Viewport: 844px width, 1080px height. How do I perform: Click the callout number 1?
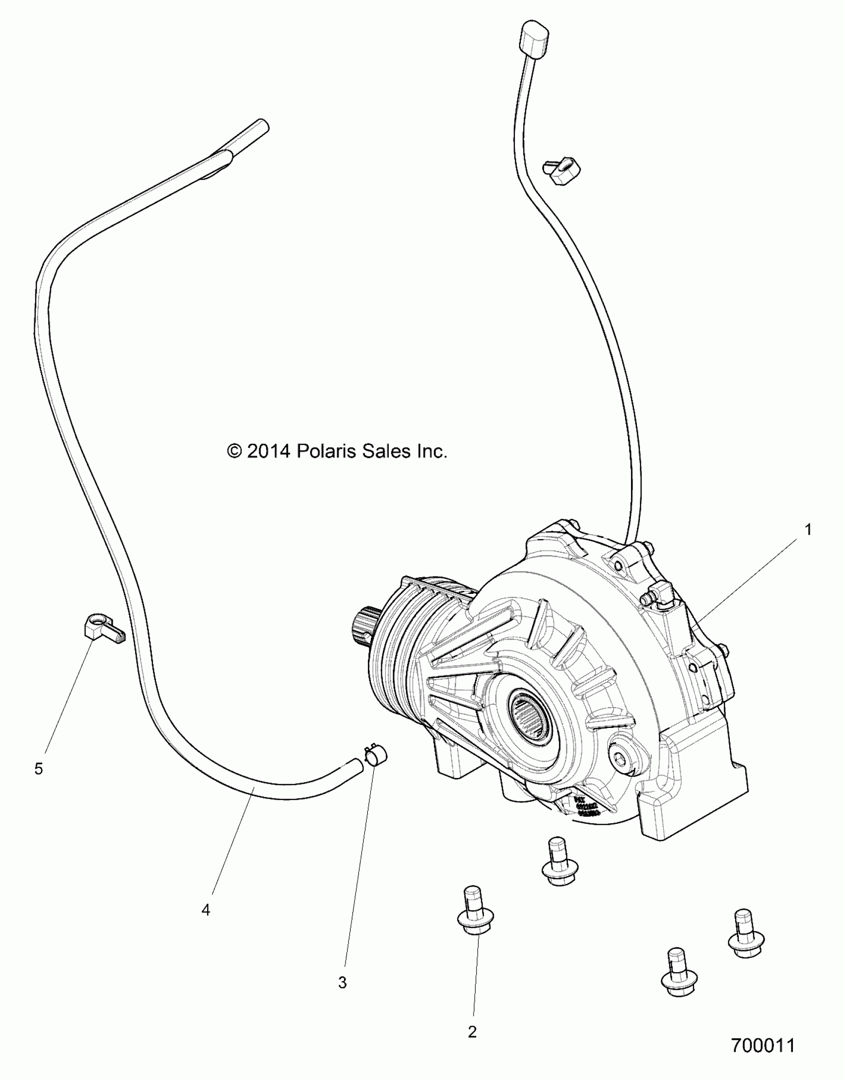click(x=808, y=530)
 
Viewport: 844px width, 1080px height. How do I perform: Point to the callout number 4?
click(x=206, y=910)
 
